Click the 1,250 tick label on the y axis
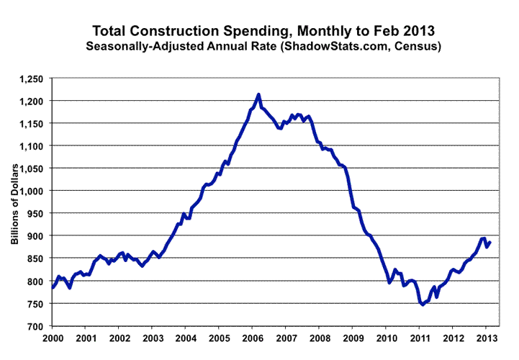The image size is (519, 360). pyautogui.click(x=32, y=78)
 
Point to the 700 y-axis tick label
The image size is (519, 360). pyautogui.click(x=37, y=326)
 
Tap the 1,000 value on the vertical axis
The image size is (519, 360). pyautogui.click(x=32, y=191)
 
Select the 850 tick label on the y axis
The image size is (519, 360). pyautogui.click(x=37, y=258)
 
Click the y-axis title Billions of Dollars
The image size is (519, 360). pyautogui.click(x=14, y=202)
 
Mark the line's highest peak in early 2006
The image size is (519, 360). pyautogui.click(x=258, y=94)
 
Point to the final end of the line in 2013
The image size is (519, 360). pyautogui.click(x=490, y=242)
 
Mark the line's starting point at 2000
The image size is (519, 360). pyautogui.click(x=53, y=288)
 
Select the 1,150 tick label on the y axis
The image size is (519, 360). pyautogui.click(x=32, y=123)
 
